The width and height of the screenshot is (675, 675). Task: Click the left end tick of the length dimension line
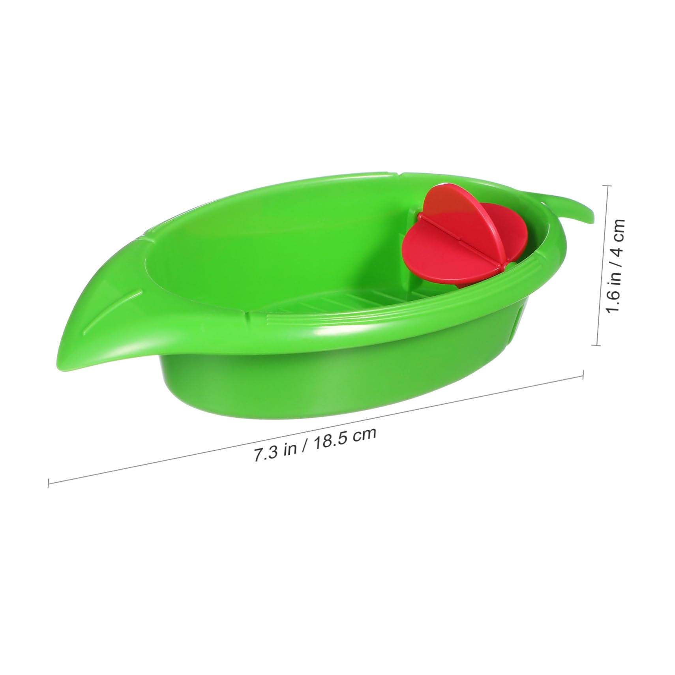click(48, 482)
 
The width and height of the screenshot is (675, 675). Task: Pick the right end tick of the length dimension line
click(583, 375)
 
